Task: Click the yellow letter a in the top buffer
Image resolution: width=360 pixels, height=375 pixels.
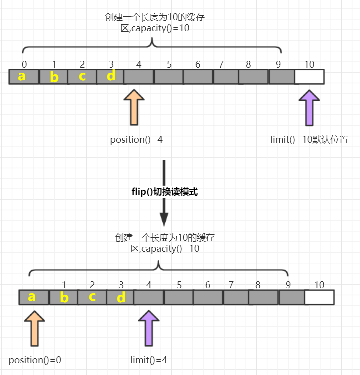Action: click(x=21, y=76)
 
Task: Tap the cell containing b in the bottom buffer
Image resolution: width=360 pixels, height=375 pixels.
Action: click(x=64, y=297)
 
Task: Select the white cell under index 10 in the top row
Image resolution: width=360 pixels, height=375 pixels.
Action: click(x=309, y=77)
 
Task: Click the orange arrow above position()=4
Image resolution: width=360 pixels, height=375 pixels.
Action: click(x=134, y=107)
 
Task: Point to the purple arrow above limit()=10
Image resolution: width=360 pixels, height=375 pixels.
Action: click(x=309, y=107)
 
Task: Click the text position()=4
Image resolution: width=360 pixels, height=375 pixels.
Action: click(x=136, y=139)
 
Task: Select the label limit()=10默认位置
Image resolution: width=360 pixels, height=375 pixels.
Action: click(x=309, y=139)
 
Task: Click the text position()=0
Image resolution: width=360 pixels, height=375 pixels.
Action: click(x=35, y=360)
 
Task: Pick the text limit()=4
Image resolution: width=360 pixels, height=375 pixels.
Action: click(x=149, y=360)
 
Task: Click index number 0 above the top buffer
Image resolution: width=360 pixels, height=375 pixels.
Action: click(x=24, y=64)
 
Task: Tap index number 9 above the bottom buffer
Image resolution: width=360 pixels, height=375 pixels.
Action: click(x=288, y=285)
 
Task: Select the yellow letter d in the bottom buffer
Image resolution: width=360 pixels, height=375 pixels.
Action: click(x=121, y=297)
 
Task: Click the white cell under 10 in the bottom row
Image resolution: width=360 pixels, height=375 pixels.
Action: click(x=319, y=297)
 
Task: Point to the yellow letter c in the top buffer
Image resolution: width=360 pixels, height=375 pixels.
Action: click(x=82, y=76)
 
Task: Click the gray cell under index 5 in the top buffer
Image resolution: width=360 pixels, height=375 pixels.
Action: click(x=168, y=77)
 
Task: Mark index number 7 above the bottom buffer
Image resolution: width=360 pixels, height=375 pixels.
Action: click(x=231, y=285)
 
